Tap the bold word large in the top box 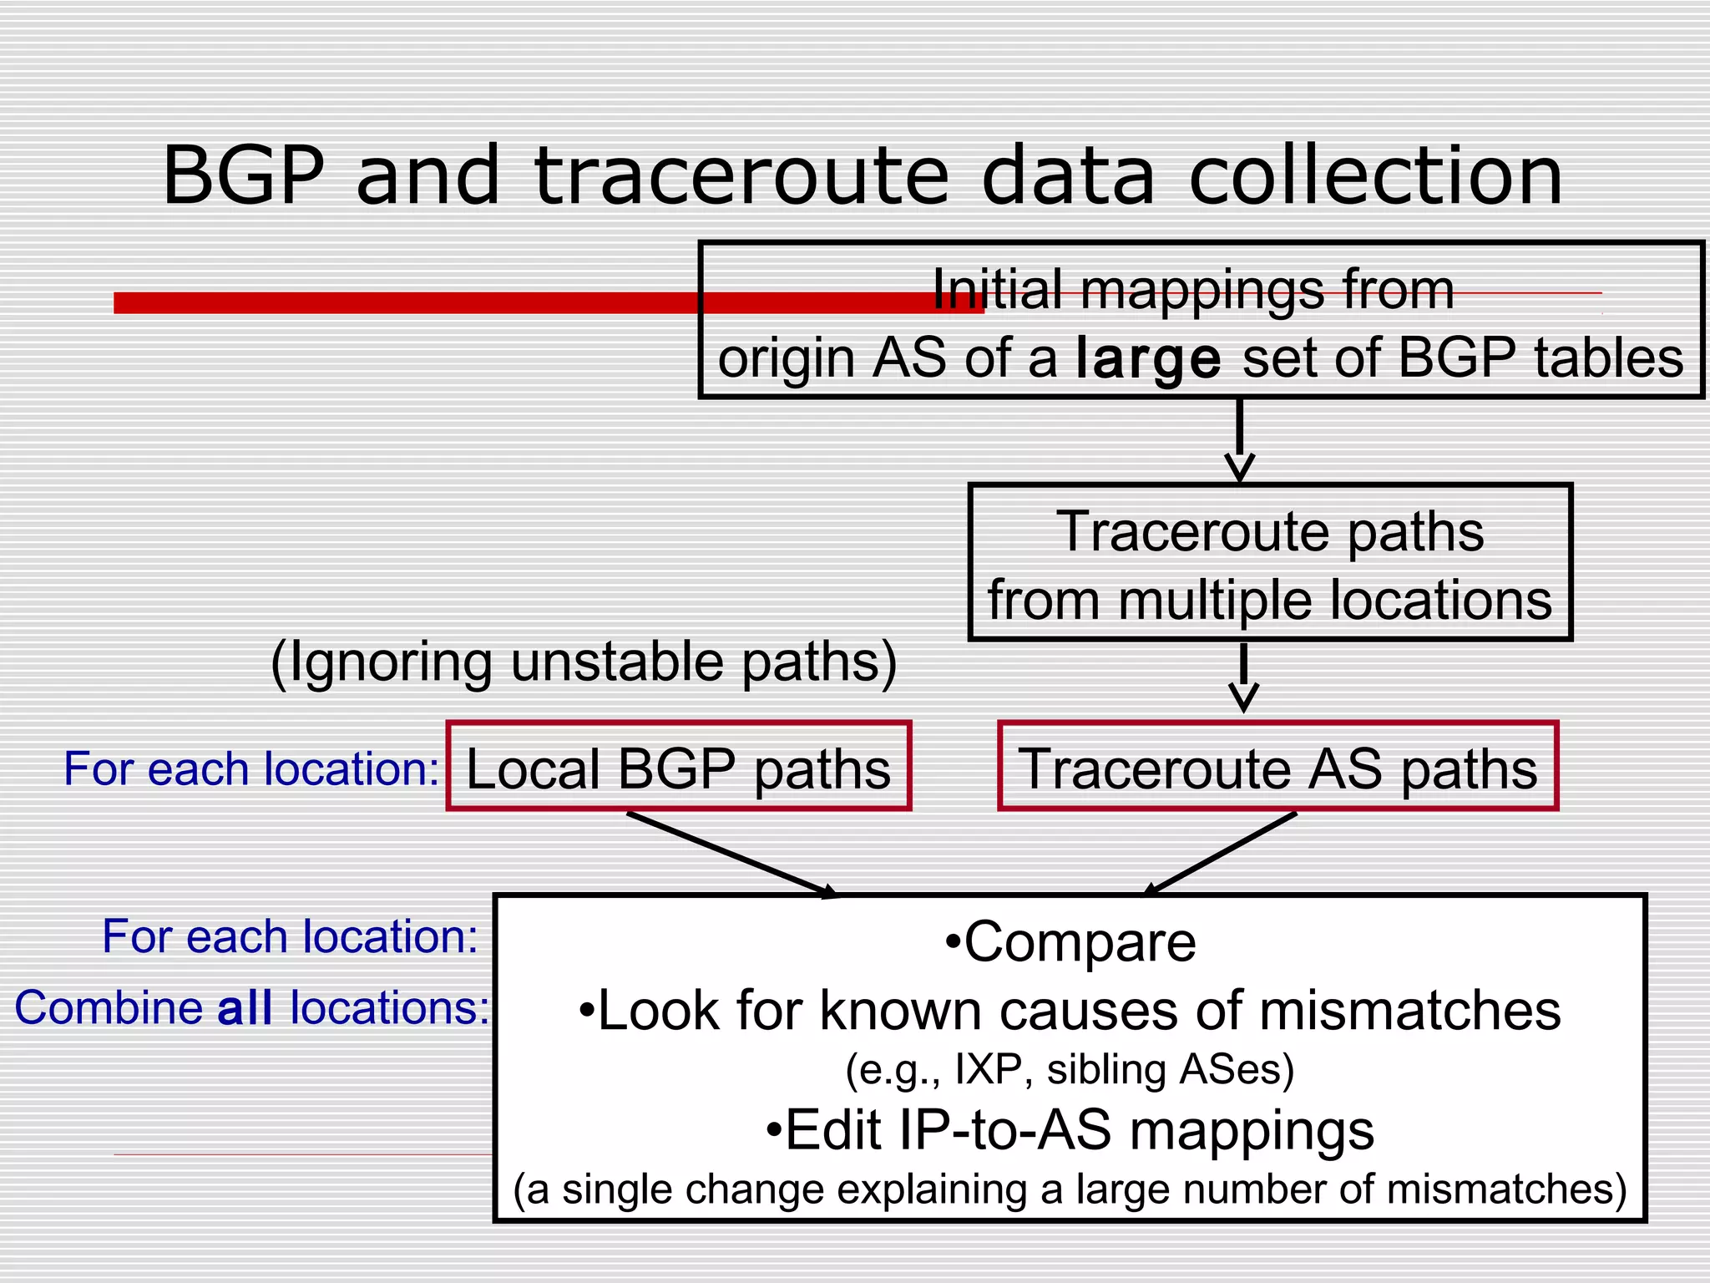click(1148, 359)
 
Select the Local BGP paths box click(678, 767)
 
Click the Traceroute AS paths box click(1277, 767)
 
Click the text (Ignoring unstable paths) click(584, 662)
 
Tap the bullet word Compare click(1080, 942)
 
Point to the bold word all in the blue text click(245, 1007)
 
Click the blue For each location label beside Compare click(290, 936)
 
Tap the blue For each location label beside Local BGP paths click(250, 768)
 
